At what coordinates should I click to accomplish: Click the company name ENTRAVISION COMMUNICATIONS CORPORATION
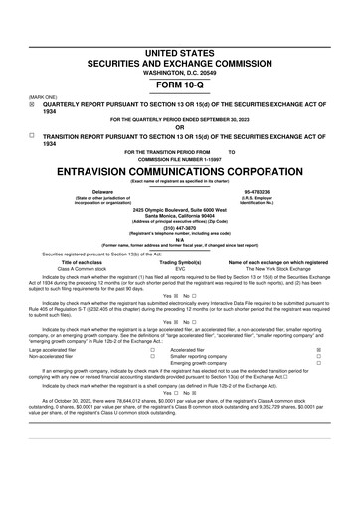coord(179,170)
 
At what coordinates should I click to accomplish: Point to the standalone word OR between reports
coord(179,126)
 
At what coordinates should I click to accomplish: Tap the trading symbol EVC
coord(180,268)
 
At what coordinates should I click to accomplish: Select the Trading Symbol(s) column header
coord(180,261)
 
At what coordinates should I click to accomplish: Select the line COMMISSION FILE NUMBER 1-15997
coord(179,159)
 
